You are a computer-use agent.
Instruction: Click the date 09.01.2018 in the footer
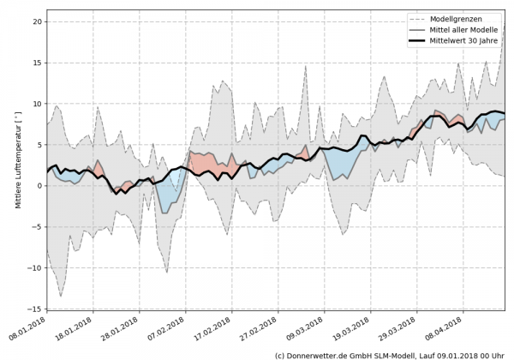[x=462, y=354]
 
